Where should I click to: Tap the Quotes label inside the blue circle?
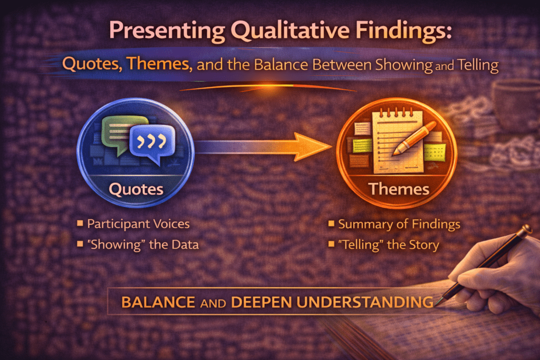point(136,188)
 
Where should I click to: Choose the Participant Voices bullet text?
point(138,224)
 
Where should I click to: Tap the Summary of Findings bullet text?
point(399,224)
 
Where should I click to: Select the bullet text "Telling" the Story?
point(389,245)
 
